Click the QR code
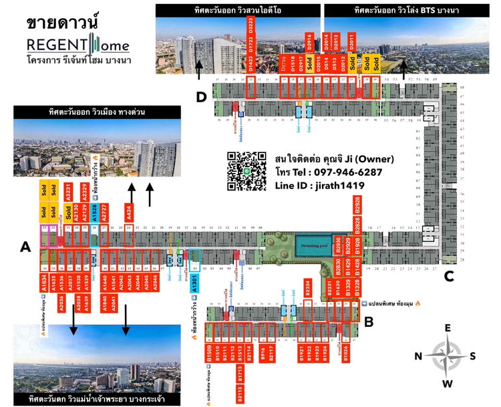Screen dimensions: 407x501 click(246, 172)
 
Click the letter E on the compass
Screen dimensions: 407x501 click(448, 327)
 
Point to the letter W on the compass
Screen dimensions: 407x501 click(448, 383)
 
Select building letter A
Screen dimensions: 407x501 click(25, 247)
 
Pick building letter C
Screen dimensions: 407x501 click(450, 274)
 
